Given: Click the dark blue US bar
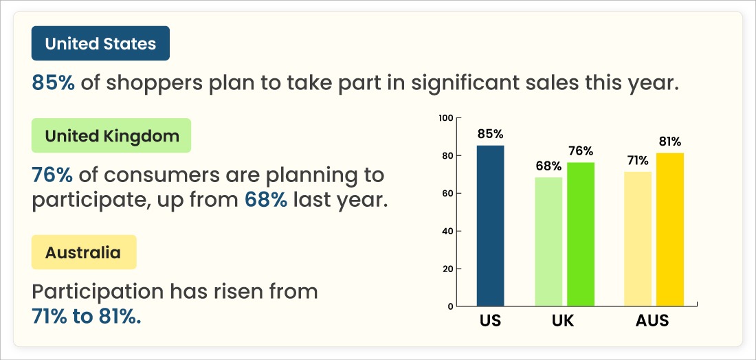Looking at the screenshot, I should tap(490, 225).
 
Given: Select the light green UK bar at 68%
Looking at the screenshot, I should tap(549, 241).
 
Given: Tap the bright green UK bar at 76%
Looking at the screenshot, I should tap(581, 234).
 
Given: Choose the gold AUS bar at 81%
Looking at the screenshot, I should tap(670, 229).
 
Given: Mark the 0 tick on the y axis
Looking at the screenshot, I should tap(449, 306).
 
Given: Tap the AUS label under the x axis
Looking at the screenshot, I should tap(652, 321).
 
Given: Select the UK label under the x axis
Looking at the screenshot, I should tap(563, 321).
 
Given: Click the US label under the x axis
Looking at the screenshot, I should tap(490, 321).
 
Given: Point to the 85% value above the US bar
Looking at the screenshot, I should tap(490, 134).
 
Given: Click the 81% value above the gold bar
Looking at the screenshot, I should tap(669, 142).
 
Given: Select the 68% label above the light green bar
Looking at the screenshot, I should tap(548, 166).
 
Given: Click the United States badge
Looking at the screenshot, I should tap(100, 44).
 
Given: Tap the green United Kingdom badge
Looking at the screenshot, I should tap(111, 135).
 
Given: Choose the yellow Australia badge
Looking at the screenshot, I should tap(83, 252).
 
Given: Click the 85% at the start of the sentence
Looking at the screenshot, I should tap(54, 83).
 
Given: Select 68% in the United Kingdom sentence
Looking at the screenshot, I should tap(266, 201).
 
